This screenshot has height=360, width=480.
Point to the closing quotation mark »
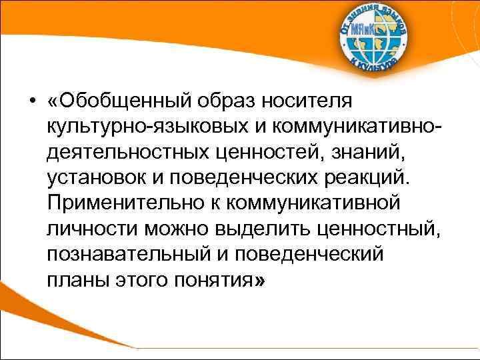pyautogui.click(x=259, y=281)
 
